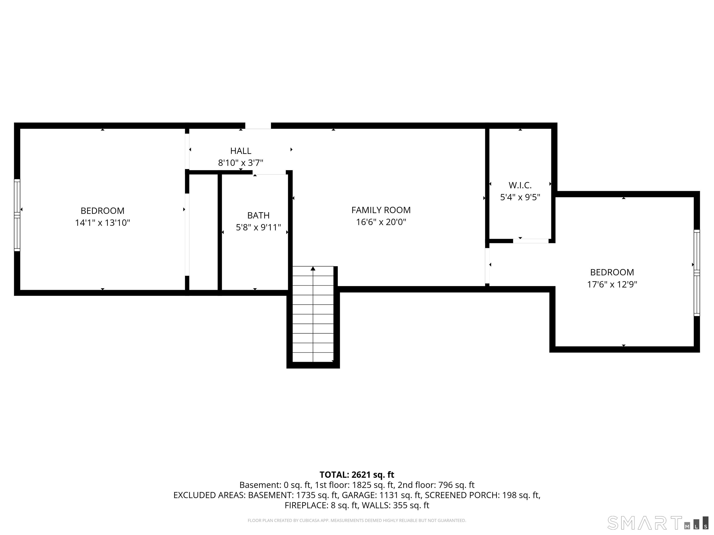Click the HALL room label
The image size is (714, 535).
pyautogui.click(x=241, y=151)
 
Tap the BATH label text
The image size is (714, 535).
pyautogui.click(x=258, y=215)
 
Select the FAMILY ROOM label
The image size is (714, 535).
pyautogui.click(x=381, y=210)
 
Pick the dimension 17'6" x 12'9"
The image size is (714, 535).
pyautogui.click(x=612, y=284)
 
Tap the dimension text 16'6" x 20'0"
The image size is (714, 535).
pyautogui.click(x=381, y=222)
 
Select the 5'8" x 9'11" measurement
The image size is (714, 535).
pyautogui.click(x=258, y=227)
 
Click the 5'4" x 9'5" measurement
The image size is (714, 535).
pyautogui.click(x=520, y=197)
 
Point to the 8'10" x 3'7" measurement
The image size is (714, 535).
pyautogui.click(x=241, y=163)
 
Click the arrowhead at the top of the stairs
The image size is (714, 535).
pyautogui.click(x=313, y=268)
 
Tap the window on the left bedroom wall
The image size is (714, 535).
pyautogui.click(x=17, y=215)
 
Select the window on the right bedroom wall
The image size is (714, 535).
pyautogui.click(x=697, y=273)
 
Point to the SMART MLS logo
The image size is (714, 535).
pyautogui.click(x=658, y=523)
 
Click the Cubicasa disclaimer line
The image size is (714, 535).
pyautogui.click(x=357, y=521)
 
